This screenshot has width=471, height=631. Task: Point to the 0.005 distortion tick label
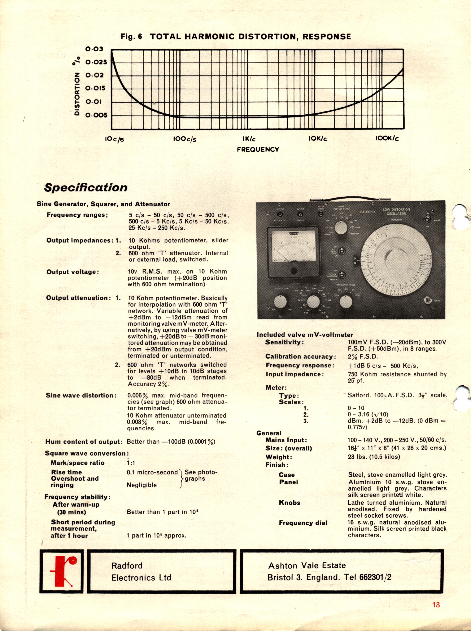(x=96, y=115)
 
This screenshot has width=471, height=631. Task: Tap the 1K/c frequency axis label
(x=249, y=139)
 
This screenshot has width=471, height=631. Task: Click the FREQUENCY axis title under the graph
(x=258, y=149)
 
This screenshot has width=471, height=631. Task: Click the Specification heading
(x=86, y=187)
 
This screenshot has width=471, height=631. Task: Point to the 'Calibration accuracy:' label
(x=300, y=357)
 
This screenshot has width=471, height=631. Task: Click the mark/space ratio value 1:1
(x=131, y=463)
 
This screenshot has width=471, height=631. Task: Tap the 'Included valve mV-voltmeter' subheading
(x=305, y=335)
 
